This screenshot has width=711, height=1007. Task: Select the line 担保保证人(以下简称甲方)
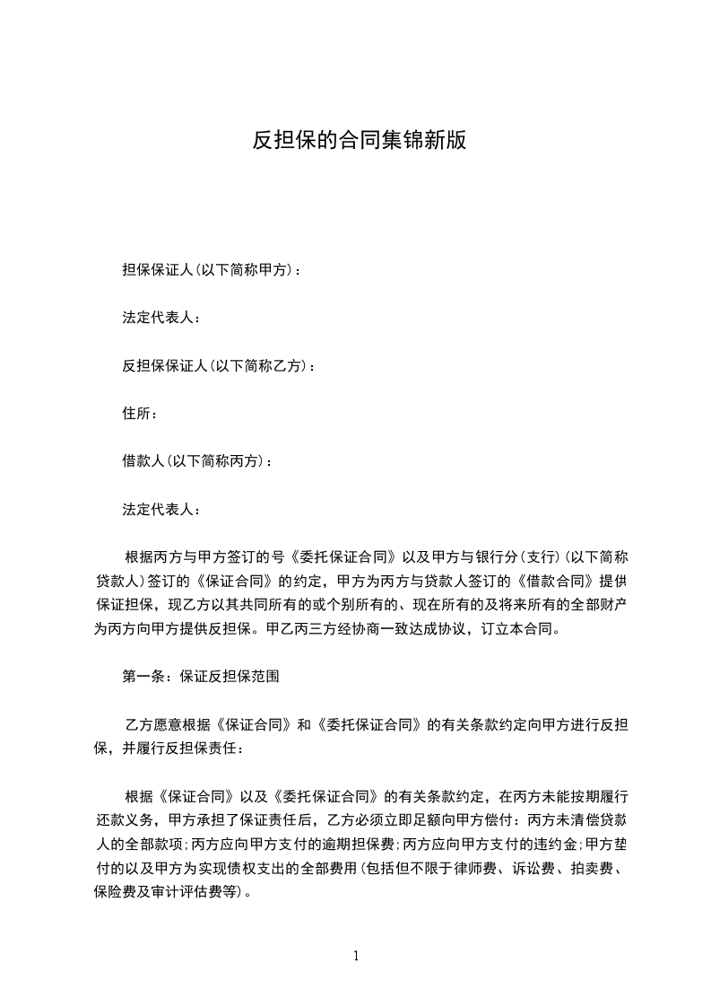click(212, 269)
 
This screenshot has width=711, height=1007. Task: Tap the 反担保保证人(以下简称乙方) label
click(218, 365)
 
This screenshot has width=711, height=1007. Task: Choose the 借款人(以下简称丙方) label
click(196, 461)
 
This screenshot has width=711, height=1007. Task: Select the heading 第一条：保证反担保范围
click(201, 677)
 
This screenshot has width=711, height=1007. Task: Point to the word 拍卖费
click(589, 868)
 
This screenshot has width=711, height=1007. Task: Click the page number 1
click(356, 956)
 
